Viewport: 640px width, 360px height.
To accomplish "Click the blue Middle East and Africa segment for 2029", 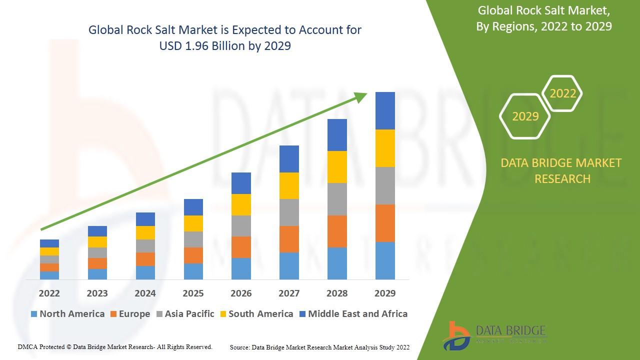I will pyautogui.click(x=385, y=110).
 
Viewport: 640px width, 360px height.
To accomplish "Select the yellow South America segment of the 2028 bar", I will pyautogui.click(x=337, y=166).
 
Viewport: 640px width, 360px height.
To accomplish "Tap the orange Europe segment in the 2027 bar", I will pyautogui.click(x=289, y=239).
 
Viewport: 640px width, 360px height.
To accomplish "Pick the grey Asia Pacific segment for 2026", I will pyautogui.click(x=241, y=225).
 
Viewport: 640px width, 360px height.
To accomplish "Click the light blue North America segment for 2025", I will pyautogui.click(x=193, y=271).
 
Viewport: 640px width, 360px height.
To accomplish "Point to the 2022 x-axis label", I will pyautogui.click(x=49, y=293).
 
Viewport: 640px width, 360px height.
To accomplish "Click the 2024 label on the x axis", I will pyautogui.click(x=145, y=293).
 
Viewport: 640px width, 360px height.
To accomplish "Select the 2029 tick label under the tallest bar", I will pyautogui.click(x=385, y=293).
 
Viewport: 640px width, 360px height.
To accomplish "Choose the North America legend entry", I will pyautogui.click(x=67, y=314).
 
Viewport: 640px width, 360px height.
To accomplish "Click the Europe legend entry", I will pyautogui.click(x=130, y=314).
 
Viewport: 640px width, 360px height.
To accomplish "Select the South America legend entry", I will pyautogui.click(x=256, y=314).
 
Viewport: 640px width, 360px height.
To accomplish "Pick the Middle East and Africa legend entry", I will pyautogui.click(x=353, y=314).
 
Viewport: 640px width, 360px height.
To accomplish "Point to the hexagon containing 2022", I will pyautogui.click(x=562, y=93).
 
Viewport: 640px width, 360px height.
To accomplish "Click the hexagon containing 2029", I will pyautogui.click(x=525, y=116).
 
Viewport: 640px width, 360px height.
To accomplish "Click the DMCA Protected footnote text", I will pyautogui.click(x=115, y=346).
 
